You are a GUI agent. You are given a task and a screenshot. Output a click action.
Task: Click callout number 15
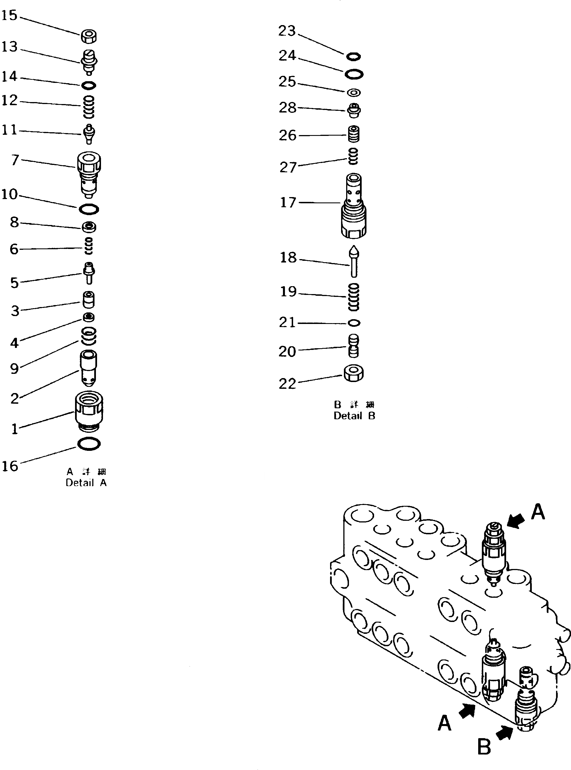9,15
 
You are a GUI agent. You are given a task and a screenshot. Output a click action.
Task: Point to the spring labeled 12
89,107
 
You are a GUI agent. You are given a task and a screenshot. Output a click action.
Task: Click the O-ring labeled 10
89,209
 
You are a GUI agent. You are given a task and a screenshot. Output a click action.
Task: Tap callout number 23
287,31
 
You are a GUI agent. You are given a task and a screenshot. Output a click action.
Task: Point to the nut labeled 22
353,373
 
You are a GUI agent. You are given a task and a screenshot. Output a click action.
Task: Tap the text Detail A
86,483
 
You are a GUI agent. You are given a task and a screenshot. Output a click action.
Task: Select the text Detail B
354,416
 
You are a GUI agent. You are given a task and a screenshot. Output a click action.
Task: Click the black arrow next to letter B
505,732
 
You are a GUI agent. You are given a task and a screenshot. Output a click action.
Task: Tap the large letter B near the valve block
484,747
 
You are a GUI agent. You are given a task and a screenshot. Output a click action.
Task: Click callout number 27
288,167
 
